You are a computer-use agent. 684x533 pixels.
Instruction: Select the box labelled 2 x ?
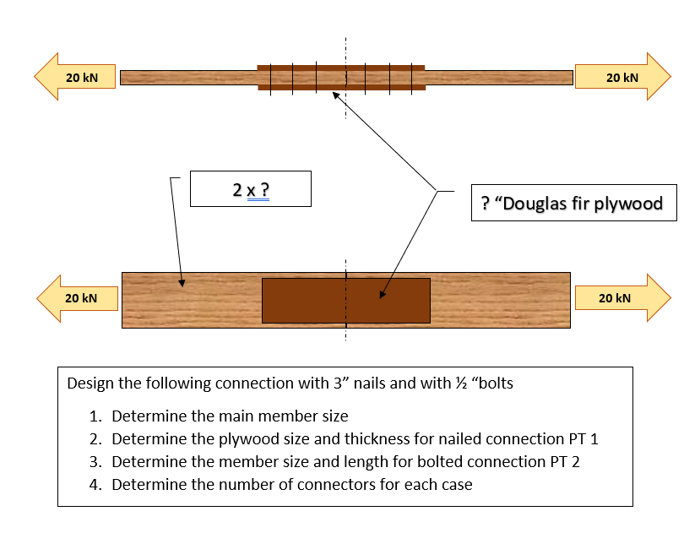click(251, 188)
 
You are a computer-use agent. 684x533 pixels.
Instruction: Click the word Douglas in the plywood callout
click(537, 204)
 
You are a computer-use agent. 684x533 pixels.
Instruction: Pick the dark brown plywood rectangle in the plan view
click(345, 300)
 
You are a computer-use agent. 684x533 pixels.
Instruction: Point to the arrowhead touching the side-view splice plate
click(336, 96)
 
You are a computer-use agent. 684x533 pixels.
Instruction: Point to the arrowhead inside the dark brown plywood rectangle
click(382, 295)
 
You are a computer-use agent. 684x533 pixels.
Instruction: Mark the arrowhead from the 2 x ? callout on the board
click(182, 285)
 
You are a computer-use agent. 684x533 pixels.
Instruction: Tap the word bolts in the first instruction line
click(495, 383)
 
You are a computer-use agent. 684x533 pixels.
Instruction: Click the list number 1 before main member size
click(95, 416)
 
